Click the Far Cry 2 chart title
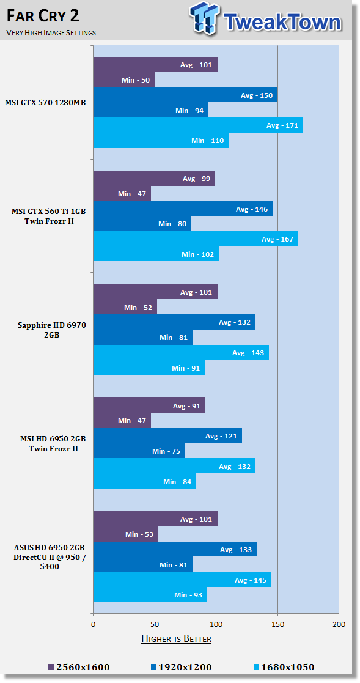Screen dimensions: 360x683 click(43, 17)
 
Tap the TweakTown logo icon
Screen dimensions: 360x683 click(205, 19)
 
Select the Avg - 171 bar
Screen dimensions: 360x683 click(198, 125)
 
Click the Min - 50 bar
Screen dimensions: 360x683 click(124, 80)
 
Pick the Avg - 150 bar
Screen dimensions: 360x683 click(185, 95)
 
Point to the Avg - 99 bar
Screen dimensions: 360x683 click(154, 179)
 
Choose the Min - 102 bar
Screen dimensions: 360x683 click(156, 254)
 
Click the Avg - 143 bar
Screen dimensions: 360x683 click(181, 353)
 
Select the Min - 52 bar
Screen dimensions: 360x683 click(125, 307)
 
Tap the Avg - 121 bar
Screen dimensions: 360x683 click(167, 435)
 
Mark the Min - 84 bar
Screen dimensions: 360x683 click(145, 481)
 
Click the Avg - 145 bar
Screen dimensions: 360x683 click(182, 580)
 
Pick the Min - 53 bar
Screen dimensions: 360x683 click(126, 534)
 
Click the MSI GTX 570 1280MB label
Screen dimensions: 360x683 click(45, 103)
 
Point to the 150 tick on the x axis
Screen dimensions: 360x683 click(277, 624)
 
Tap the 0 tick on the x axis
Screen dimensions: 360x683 click(93, 624)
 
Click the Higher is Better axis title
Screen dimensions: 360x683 click(176, 639)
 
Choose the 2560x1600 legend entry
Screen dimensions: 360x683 click(79, 667)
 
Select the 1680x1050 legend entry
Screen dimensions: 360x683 click(284, 667)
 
